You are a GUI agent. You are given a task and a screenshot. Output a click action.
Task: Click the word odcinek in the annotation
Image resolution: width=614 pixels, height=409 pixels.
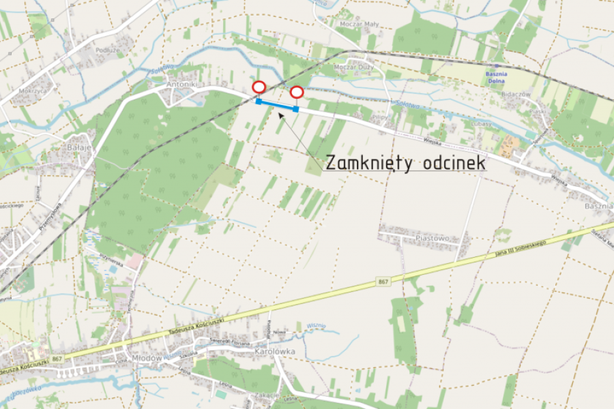click(x=454, y=164)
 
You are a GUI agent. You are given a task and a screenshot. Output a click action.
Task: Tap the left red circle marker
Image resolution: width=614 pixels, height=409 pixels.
click(x=259, y=87)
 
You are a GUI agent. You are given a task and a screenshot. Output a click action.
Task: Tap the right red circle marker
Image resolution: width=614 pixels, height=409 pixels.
click(x=297, y=93)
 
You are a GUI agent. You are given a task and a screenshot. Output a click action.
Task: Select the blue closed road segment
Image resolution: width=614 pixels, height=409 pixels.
click(x=277, y=105)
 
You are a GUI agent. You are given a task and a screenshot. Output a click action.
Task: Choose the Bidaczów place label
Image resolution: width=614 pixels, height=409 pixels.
click(x=516, y=93)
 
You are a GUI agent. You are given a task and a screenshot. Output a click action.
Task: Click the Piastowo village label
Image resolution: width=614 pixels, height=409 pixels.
click(x=432, y=239)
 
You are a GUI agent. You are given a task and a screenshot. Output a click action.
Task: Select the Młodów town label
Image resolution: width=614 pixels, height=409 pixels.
click(x=147, y=358)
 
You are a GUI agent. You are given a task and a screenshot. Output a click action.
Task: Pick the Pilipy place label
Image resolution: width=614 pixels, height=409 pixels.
click(x=380, y=117)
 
